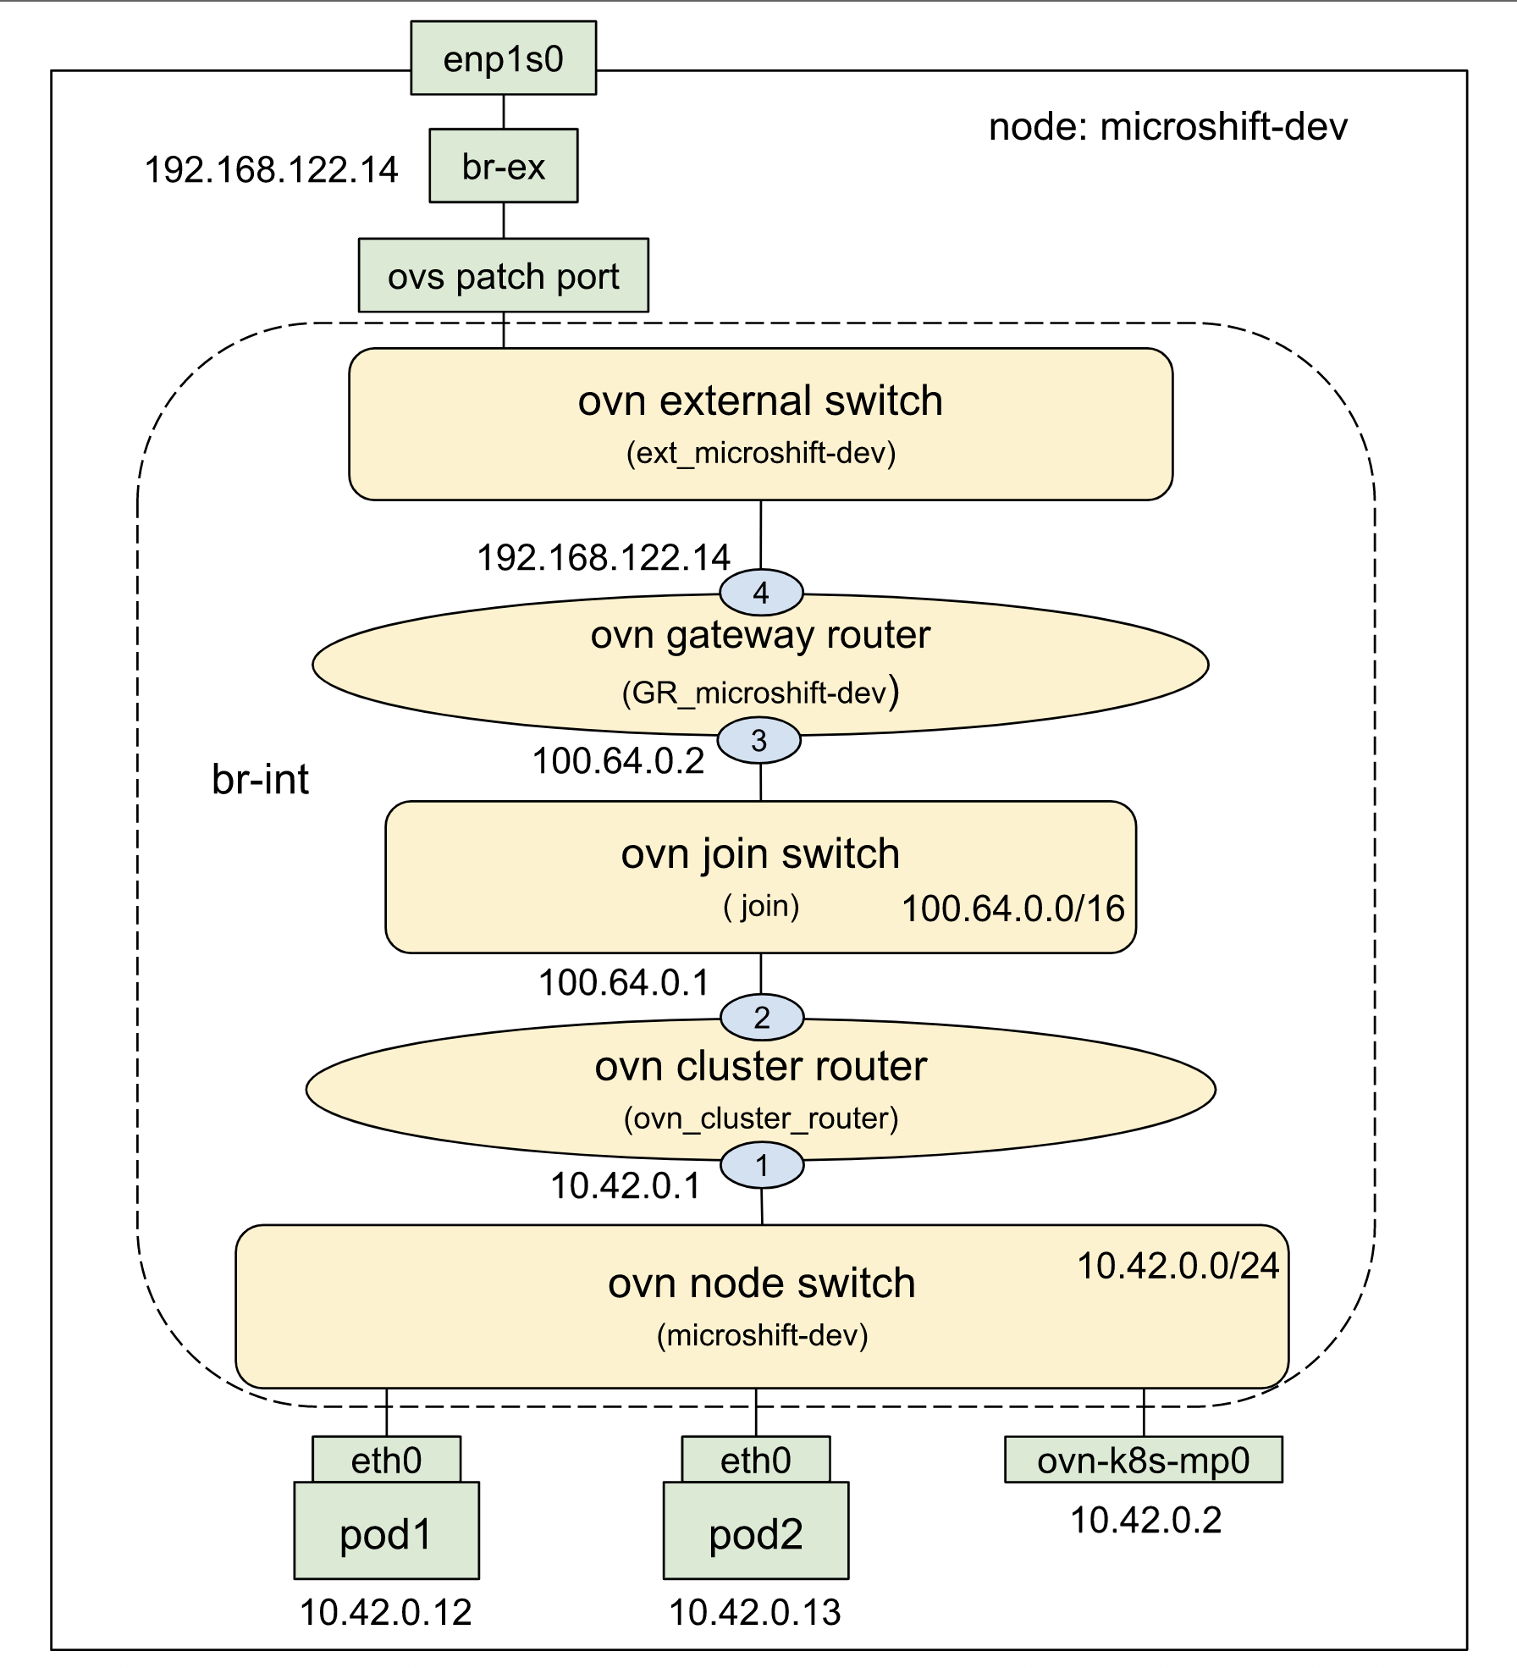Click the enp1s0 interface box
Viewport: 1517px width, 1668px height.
pyautogui.click(x=503, y=58)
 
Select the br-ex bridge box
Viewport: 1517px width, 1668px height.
pyautogui.click(x=503, y=166)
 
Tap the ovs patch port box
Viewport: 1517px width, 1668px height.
pyautogui.click(x=503, y=276)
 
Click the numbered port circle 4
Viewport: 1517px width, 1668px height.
pyautogui.click(x=760, y=592)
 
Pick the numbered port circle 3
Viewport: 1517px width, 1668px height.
pyautogui.click(x=758, y=741)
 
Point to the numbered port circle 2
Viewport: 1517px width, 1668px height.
pyautogui.click(x=761, y=1017)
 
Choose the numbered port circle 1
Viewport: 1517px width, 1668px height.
pyautogui.click(x=761, y=1166)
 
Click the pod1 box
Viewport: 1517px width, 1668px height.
pyautogui.click(x=386, y=1533)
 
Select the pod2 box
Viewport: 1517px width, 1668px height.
pyautogui.click(x=755, y=1533)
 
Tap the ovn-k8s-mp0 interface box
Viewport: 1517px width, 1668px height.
pyautogui.click(x=1143, y=1461)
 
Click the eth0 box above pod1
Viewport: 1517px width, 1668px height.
pyautogui.click(x=386, y=1460)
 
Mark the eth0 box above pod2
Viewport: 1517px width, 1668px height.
pyautogui.click(x=755, y=1460)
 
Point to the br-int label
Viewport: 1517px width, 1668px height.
pyautogui.click(x=260, y=779)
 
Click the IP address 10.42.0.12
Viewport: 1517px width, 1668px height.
pyautogui.click(x=386, y=1612)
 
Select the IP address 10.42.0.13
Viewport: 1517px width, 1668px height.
pyautogui.click(x=755, y=1612)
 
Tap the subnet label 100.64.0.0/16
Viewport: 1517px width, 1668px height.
pyautogui.click(x=1012, y=909)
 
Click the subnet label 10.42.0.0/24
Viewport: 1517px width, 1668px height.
pyautogui.click(x=1178, y=1266)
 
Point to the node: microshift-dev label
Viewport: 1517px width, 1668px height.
pyautogui.click(x=1167, y=127)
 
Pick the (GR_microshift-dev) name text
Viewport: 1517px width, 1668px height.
pyautogui.click(x=759, y=693)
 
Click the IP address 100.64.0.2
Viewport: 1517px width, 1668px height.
pyautogui.click(x=618, y=760)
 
